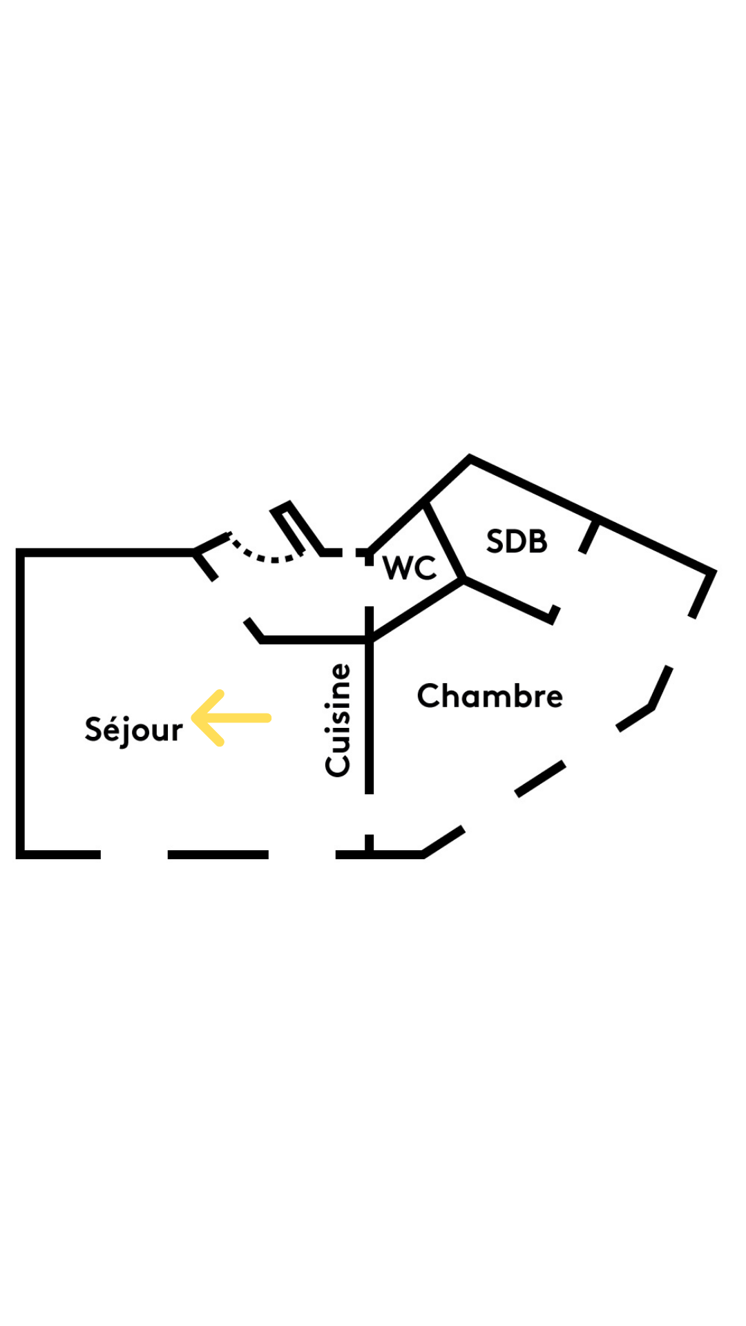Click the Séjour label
click(x=133, y=730)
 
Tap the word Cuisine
click(x=338, y=720)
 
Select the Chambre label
click(x=490, y=696)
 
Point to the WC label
click(x=410, y=568)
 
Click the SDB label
click(x=517, y=541)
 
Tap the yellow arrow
click(x=231, y=718)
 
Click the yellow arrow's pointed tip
click(x=194, y=718)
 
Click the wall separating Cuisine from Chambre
click(x=370, y=718)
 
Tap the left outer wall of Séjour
click(x=21, y=704)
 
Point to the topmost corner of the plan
click(x=470, y=457)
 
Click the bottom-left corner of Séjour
click(x=21, y=854)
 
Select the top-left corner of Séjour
click(x=21, y=552)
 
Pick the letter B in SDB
click(x=537, y=541)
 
